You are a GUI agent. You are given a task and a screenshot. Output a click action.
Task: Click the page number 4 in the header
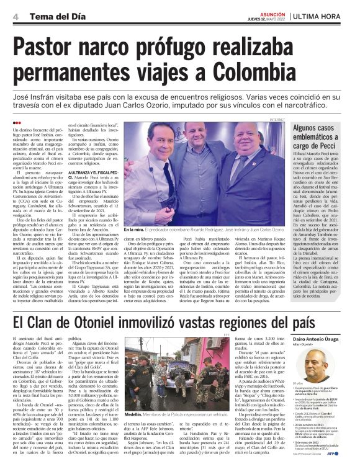[x=14, y=16]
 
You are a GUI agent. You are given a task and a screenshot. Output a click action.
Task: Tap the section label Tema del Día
[x=51, y=17]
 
